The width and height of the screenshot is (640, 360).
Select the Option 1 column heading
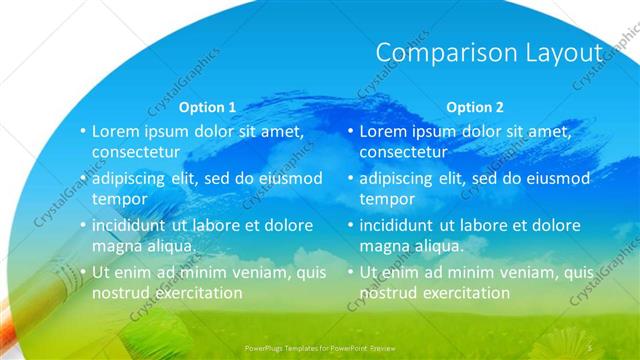(x=207, y=107)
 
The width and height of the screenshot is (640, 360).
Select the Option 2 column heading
(x=475, y=107)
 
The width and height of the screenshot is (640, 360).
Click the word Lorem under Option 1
(x=116, y=131)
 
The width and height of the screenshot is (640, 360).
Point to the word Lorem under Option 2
(x=383, y=131)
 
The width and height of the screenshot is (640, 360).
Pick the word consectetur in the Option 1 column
(x=136, y=153)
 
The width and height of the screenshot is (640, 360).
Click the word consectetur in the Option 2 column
(x=403, y=153)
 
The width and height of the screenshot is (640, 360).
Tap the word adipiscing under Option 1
(x=133, y=178)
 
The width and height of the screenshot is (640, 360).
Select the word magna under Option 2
(x=384, y=246)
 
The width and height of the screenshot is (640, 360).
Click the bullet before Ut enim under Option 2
(x=351, y=272)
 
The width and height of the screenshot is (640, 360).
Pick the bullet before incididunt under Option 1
(x=83, y=225)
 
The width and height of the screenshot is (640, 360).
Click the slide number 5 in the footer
(x=591, y=347)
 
